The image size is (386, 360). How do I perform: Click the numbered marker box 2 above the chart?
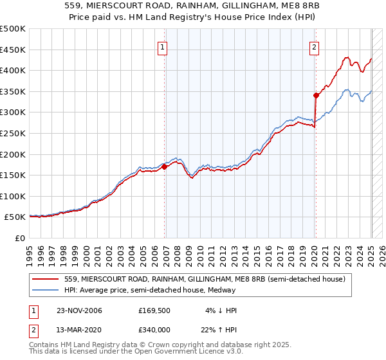point(314,46)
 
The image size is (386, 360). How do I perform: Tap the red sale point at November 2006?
point(165,166)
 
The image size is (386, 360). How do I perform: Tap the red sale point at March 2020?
point(316,95)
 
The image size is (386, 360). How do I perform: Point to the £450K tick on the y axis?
point(14,50)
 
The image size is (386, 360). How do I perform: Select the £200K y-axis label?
point(14,154)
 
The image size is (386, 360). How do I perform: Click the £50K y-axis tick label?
point(17,217)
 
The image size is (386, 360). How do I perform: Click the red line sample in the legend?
point(46,279)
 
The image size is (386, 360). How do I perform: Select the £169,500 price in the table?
point(154,310)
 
